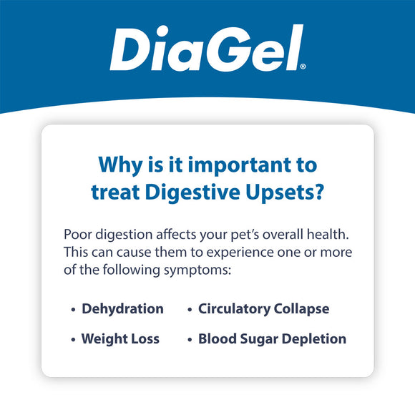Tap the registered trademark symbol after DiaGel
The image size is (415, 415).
point(303,67)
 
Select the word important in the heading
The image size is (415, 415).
point(233,166)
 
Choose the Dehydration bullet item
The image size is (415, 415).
point(122,309)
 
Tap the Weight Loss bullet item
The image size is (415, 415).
point(120,338)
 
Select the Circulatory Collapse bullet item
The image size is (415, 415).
point(263,309)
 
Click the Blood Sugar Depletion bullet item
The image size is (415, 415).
point(272,338)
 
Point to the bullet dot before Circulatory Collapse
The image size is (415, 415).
point(190,310)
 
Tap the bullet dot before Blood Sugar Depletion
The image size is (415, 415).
point(190,339)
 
